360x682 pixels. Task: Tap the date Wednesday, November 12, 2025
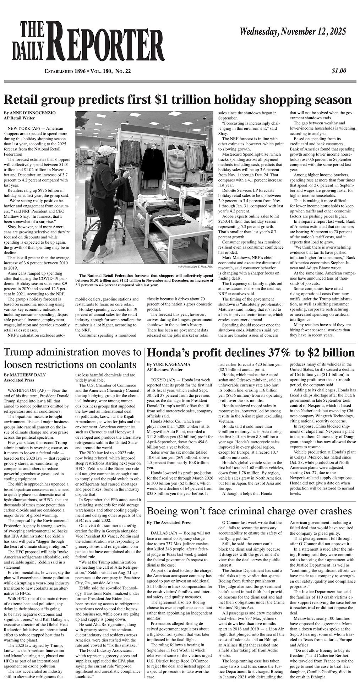pyautogui.click(x=293, y=32)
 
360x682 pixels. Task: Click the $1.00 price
pyautogui.click(x=339, y=71)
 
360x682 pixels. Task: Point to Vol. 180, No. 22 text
pyautogui.click(x=110, y=71)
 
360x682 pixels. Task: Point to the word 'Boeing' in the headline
pyautogui.click(x=165, y=511)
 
